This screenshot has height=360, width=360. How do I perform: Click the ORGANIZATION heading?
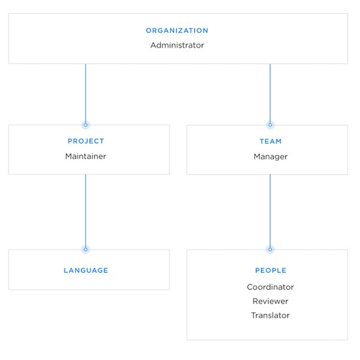(177, 31)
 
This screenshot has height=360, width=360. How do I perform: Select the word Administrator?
(177, 46)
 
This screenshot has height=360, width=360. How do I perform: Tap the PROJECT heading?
(85, 142)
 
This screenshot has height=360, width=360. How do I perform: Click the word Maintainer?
(85, 157)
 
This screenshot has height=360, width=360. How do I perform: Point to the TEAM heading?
(270, 142)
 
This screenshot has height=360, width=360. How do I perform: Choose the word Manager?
(270, 157)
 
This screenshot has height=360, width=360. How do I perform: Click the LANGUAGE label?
(85, 271)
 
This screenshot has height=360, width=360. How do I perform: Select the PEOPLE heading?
(270, 271)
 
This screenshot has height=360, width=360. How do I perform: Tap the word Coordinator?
(270, 287)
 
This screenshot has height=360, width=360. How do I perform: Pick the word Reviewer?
(270, 301)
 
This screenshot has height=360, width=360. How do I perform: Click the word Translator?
(270, 316)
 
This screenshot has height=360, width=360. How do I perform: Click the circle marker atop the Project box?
(85, 125)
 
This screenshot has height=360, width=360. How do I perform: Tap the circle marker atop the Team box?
(270, 125)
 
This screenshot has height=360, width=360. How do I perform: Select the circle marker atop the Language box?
(85, 249)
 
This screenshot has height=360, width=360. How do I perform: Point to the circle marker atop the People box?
(270, 249)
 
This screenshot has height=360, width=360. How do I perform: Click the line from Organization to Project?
(85, 91)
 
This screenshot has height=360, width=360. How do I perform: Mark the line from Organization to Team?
(270, 91)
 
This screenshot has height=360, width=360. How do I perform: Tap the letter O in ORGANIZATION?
(149, 31)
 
